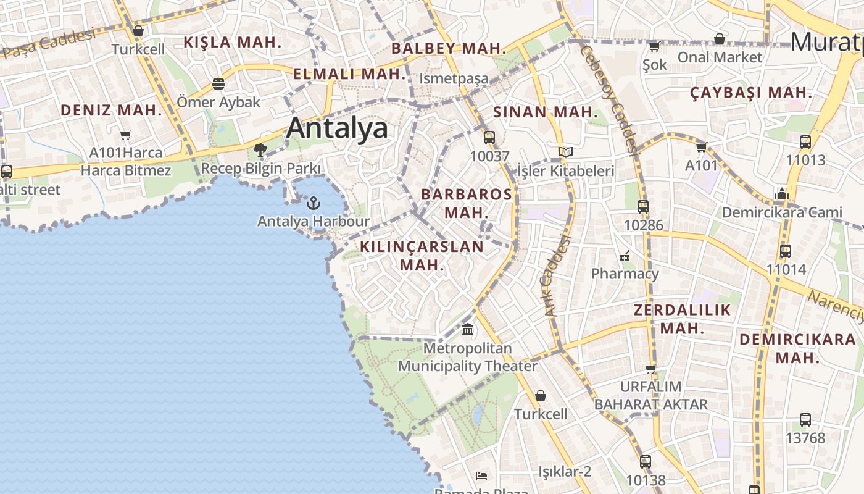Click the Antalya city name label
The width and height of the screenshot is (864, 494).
tap(337, 128)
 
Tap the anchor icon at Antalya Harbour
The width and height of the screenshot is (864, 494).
tap(314, 203)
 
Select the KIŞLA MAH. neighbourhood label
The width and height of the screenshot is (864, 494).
tap(233, 43)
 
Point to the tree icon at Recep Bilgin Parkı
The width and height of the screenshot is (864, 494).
tap(260, 149)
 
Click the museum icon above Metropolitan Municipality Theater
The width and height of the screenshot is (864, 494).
tap(468, 330)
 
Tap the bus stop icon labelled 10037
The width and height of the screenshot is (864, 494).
tap(489, 138)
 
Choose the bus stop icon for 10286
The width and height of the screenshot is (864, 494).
tap(643, 207)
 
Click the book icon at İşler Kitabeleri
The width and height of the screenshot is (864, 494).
tap(565, 153)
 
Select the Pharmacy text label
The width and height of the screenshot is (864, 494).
tap(625, 274)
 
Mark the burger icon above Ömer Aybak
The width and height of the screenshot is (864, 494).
tap(218, 83)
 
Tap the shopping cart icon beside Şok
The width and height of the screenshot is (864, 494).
tap(654, 46)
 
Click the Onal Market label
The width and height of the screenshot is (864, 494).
tap(720, 57)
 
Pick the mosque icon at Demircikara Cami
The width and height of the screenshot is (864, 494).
tap(782, 195)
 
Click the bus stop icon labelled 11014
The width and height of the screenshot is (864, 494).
tap(785, 251)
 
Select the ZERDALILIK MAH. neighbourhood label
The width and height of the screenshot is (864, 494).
tap(683, 319)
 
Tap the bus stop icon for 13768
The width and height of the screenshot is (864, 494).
tap(805, 420)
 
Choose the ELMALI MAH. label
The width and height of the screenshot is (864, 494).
tap(350, 74)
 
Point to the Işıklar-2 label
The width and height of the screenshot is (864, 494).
tap(565, 472)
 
